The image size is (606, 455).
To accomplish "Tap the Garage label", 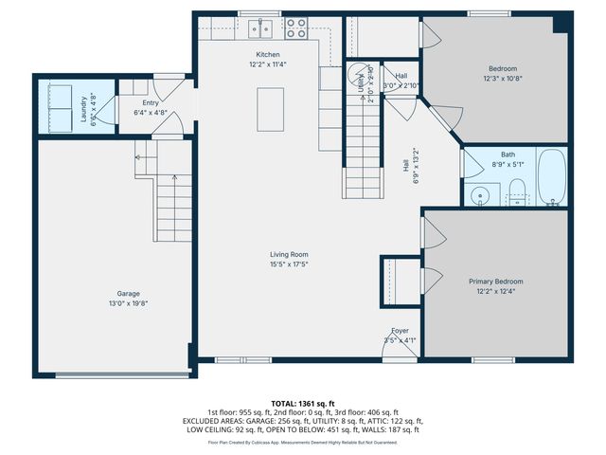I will (128, 293).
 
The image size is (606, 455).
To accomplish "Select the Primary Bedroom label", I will (496, 282).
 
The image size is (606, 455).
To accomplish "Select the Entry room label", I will (151, 103).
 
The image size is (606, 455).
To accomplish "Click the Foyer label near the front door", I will (401, 330).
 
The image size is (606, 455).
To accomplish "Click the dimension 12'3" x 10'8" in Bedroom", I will (502, 79).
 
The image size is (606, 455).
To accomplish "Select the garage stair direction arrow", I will (138, 156).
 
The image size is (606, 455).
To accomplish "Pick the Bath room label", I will (508, 155).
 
